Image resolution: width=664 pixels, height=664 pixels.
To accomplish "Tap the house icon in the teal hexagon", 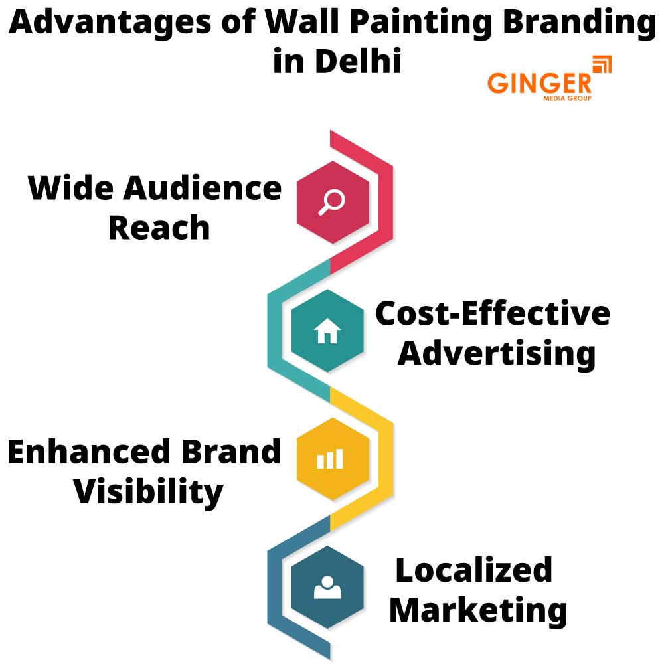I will pyautogui.click(x=327, y=331).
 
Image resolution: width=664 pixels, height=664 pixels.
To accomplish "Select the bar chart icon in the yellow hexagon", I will pyautogui.click(x=330, y=458).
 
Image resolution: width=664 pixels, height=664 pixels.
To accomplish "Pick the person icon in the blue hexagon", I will pyautogui.click(x=327, y=587).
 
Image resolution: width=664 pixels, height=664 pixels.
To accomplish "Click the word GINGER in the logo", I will pyautogui.click(x=539, y=83).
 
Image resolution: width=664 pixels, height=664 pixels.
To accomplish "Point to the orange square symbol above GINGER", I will pyautogui.click(x=601, y=65).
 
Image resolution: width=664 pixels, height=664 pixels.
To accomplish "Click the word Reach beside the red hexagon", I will pyautogui.click(x=159, y=228).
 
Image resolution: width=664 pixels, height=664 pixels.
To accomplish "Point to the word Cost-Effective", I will pyautogui.click(x=492, y=313).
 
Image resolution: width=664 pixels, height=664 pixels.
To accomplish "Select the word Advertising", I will pyautogui.click(x=496, y=353).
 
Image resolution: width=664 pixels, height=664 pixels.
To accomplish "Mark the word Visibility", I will pyautogui.click(x=147, y=492).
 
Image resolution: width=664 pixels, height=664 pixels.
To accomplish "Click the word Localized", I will pyautogui.click(x=473, y=570).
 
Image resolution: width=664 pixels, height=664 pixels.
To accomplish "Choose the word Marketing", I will pyautogui.click(x=477, y=610).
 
